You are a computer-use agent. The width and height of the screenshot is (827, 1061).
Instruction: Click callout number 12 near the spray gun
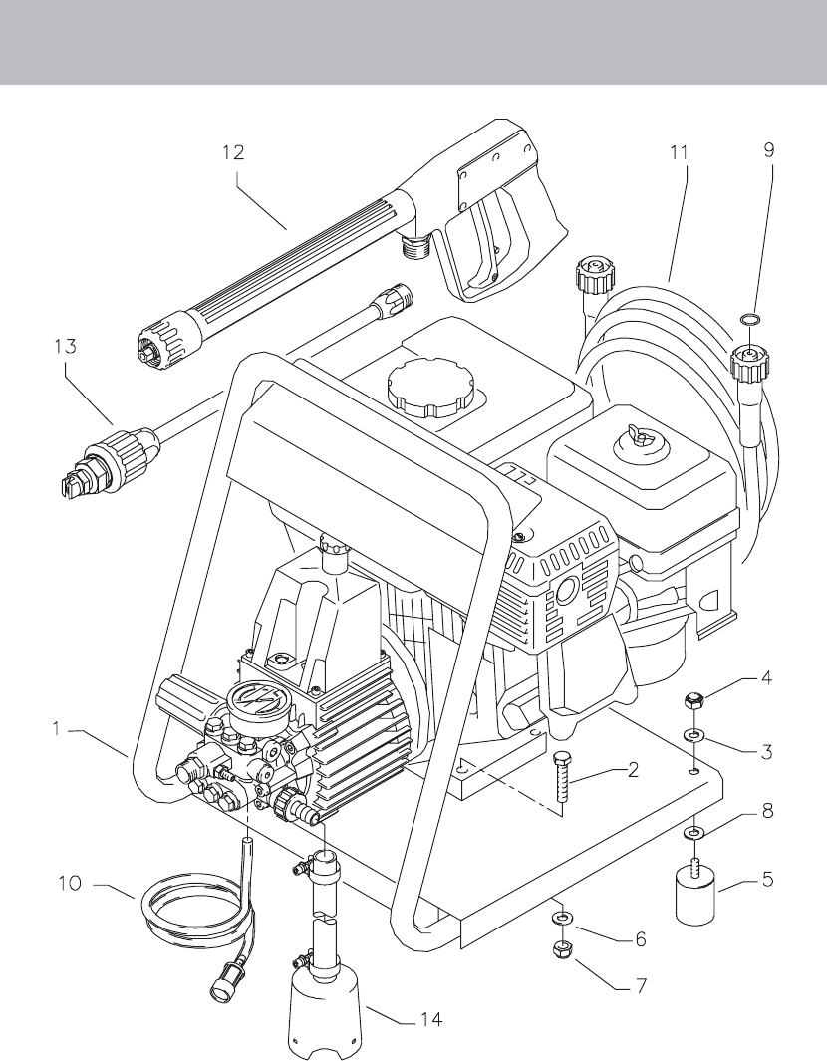[233, 153]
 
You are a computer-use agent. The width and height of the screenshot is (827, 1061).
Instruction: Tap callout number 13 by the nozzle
[65, 346]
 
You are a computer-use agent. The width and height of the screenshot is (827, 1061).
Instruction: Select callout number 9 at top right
[769, 150]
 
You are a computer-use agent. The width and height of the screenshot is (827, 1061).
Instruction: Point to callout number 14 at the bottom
[431, 1018]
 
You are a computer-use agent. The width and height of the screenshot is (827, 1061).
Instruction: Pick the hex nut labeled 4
[690, 700]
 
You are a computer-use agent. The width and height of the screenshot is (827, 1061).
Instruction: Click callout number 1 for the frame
[59, 729]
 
